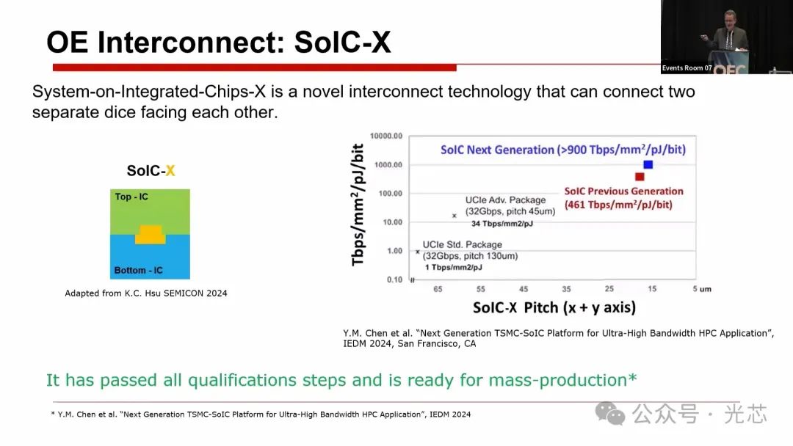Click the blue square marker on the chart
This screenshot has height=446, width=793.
tap(648, 164)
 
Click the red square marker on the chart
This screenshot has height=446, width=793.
tap(640, 176)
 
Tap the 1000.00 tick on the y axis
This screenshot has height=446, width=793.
tap(388, 164)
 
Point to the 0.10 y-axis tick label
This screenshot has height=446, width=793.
tap(394, 279)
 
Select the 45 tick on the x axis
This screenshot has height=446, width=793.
tap(524, 289)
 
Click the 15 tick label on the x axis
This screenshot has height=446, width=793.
tap(652, 289)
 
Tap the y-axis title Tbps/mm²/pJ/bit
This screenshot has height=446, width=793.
tap(358, 205)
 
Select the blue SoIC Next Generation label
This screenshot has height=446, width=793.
tap(563, 150)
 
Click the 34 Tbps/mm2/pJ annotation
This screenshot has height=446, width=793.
tap(502, 224)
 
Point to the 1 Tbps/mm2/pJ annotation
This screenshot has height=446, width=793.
tap(453, 267)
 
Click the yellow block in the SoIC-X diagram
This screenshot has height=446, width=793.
tap(151, 234)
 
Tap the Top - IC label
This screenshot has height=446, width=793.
tap(131, 197)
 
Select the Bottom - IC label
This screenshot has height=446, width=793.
tap(139, 270)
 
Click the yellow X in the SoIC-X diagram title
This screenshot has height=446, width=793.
tap(170, 171)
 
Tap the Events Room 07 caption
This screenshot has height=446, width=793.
tap(687, 67)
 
